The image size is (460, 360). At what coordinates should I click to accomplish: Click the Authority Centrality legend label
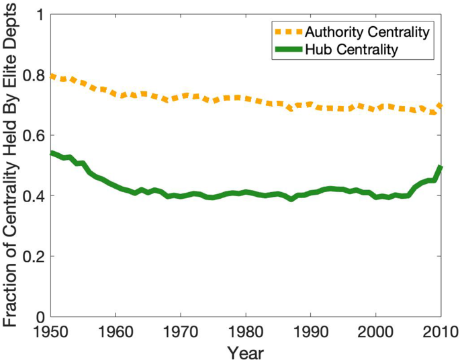pos(367,31)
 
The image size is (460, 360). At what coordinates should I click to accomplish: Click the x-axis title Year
pos(246,351)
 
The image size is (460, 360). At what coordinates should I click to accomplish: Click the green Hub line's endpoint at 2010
pos(441,167)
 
